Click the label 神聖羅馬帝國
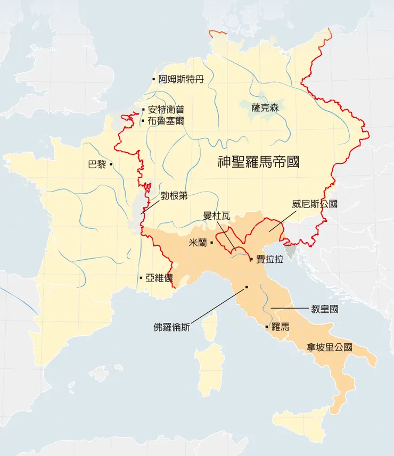tap(259, 162)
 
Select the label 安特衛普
tap(166, 110)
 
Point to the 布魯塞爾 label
tap(166, 121)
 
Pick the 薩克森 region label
tap(265, 107)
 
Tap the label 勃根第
tap(174, 195)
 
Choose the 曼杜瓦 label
tap(217, 215)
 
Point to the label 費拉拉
tap(269, 259)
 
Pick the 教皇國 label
tap(324, 309)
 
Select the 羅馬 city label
tap(280, 327)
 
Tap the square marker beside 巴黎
tap(111, 164)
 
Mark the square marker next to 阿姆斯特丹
tap(154, 80)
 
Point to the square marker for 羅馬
tap(266, 326)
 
